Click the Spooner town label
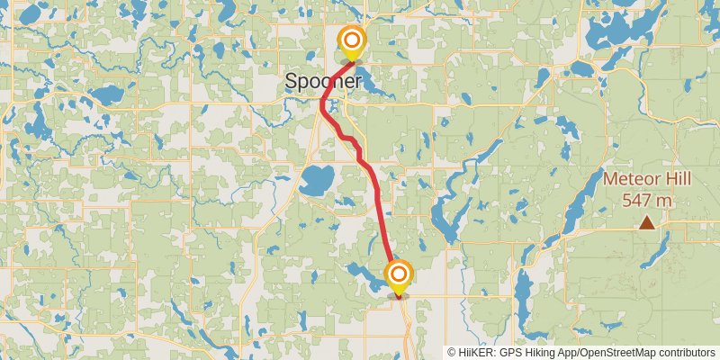[323, 81]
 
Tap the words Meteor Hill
[646, 179]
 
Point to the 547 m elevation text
[647, 200]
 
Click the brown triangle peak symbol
[646, 222]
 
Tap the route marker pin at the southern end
[398, 275]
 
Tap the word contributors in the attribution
[686, 352]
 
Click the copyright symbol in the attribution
[452, 352]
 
